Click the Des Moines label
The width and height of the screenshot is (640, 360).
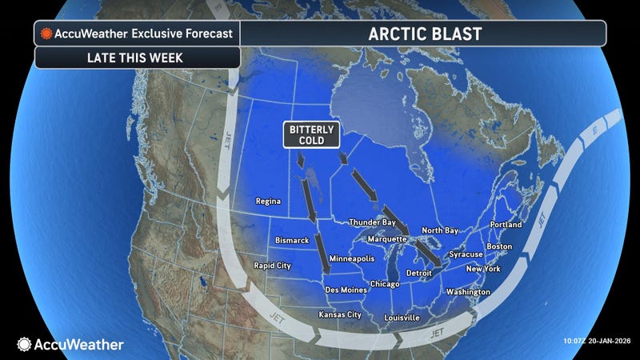pyautogui.click(x=346, y=289)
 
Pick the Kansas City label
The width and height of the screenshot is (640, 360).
pyautogui.click(x=340, y=314)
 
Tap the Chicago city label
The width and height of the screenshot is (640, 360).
pyautogui.click(x=386, y=284)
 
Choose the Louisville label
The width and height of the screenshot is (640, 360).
pyautogui.click(x=402, y=318)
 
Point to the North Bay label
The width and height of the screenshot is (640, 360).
pyautogui.click(x=440, y=230)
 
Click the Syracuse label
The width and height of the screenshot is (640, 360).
pyautogui.click(x=465, y=254)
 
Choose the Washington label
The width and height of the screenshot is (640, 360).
pyautogui.click(x=468, y=292)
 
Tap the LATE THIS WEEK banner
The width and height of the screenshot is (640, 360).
pyautogui.click(x=136, y=58)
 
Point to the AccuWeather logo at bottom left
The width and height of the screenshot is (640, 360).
pyautogui.click(x=70, y=344)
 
